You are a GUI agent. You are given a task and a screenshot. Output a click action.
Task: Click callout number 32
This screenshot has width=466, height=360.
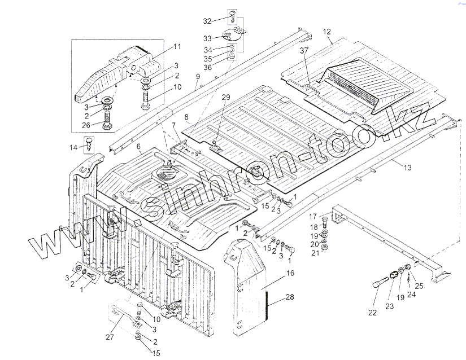coord(207,20)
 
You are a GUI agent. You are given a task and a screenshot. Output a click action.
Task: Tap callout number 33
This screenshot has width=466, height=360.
coord(207,38)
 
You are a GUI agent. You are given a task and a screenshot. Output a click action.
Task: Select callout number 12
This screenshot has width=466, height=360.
coord(326,32)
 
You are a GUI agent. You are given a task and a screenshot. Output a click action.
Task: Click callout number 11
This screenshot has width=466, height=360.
coord(177,46)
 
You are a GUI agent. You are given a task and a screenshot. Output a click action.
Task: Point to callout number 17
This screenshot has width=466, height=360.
coord(312,216)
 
